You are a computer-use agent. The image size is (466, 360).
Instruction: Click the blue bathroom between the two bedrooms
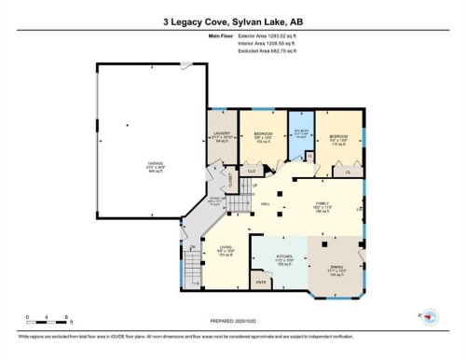point(301,132)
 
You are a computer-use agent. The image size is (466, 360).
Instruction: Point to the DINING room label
point(337,271)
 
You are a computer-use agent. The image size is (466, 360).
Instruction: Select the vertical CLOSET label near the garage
point(229,176)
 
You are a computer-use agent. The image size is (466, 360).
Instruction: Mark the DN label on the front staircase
point(193,247)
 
